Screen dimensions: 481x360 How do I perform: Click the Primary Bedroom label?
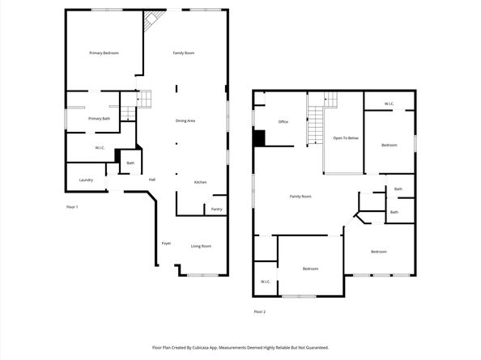pyautogui.click(x=104, y=53)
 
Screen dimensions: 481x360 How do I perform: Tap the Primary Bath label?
pyautogui.click(x=99, y=119)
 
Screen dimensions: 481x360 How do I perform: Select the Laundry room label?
pyautogui.click(x=86, y=180)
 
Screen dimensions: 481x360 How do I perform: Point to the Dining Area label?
pyautogui.click(x=185, y=121)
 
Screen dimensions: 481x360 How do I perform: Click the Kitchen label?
pyautogui.click(x=200, y=182)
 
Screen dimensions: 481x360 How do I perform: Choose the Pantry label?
pyautogui.click(x=216, y=210)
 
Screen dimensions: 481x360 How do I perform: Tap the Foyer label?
pyautogui.click(x=166, y=244)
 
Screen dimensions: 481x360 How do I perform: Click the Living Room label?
pyautogui.click(x=201, y=246)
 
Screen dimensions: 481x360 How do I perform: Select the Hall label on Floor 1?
pyautogui.click(x=152, y=180)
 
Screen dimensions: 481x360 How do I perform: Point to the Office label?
pyautogui.click(x=283, y=121)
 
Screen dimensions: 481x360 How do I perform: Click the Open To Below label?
pyautogui.click(x=346, y=138)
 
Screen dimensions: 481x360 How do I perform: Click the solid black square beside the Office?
pyautogui.click(x=259, y=138)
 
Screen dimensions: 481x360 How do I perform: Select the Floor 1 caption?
pyautogui.click(x=72, y=207)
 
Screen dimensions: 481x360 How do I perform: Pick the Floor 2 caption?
pyautogui.click(x=259, y=312)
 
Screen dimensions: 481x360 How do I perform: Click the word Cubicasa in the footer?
pyautogui.click(x=202, y=348)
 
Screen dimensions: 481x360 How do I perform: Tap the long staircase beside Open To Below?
pyautogui.click(x=316, y=125)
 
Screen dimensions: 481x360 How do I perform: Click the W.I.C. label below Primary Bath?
pyautogui.click(x=100, y=148)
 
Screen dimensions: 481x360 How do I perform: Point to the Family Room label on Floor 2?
pyautogui.click(x=300, y=197)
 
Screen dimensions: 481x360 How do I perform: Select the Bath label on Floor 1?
pyautogui.click(x=130, y=163)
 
